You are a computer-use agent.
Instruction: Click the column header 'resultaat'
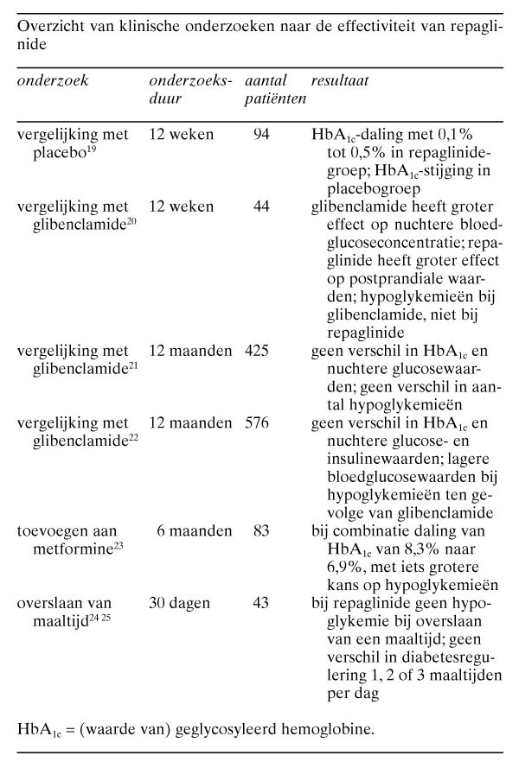click(x=340, y=80)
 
